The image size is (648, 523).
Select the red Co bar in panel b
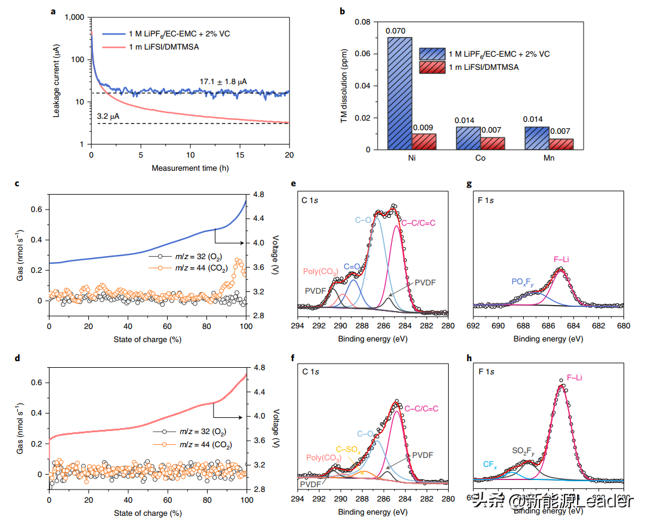493,143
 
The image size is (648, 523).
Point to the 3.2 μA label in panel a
108,116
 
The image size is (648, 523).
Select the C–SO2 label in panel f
348,449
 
